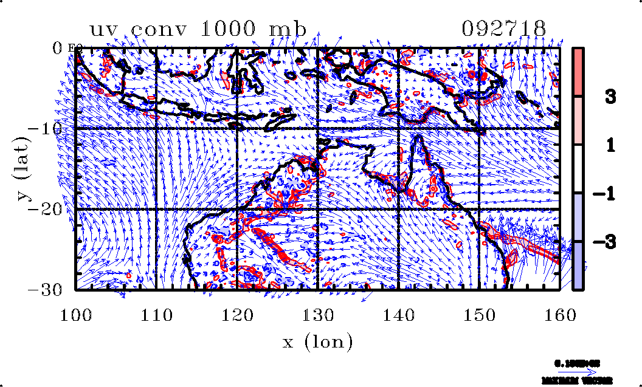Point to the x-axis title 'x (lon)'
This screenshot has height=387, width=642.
318,342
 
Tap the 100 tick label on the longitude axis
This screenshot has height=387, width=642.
76,315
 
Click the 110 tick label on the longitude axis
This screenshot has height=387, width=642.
157,315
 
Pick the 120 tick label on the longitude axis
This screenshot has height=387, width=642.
238,315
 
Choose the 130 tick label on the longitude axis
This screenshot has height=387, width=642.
318,315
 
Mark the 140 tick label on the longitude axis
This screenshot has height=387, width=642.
399,315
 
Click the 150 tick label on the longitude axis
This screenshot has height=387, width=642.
480,315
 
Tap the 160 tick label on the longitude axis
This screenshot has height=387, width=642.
560,315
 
